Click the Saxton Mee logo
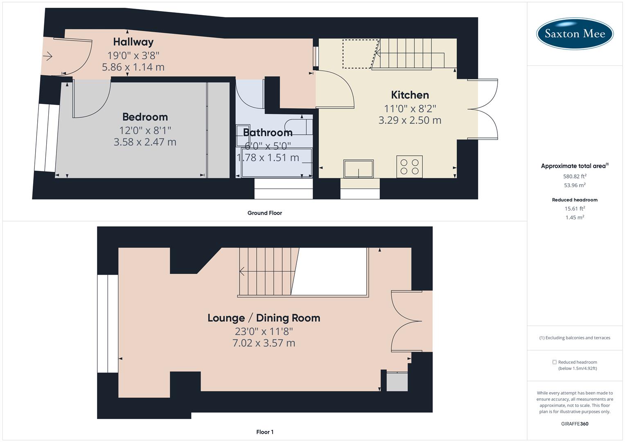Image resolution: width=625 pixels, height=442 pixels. (575, 34)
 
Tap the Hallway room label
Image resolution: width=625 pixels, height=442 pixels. (133, 42)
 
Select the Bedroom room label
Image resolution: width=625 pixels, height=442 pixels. (145, 117)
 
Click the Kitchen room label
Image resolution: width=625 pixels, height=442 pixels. (410, 95)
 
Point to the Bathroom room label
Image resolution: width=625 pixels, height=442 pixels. (268, 133)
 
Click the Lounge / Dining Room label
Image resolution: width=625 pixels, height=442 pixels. (264, 318)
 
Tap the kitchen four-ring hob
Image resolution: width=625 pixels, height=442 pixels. (409, 167)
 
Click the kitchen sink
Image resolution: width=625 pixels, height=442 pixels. (359, 169)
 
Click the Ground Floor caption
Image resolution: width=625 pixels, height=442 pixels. (264, 213)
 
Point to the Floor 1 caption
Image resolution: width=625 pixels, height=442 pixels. (264, 432)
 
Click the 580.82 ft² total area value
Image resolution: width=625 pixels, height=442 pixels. (575, 176)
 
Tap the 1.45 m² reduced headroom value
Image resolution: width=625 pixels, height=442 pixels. (575, 217)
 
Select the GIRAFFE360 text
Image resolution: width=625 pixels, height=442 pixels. (575, 424)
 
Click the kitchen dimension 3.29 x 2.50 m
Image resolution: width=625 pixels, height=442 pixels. (410, 120)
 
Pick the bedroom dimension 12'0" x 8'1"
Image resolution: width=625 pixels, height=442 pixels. (145, 130)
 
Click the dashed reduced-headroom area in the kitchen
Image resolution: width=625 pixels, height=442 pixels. (359, 53)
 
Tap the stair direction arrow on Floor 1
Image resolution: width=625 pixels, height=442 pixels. (242, 271)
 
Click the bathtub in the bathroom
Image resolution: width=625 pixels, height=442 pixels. (277, 163)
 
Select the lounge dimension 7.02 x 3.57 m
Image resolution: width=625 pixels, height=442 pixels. (264, 343)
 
